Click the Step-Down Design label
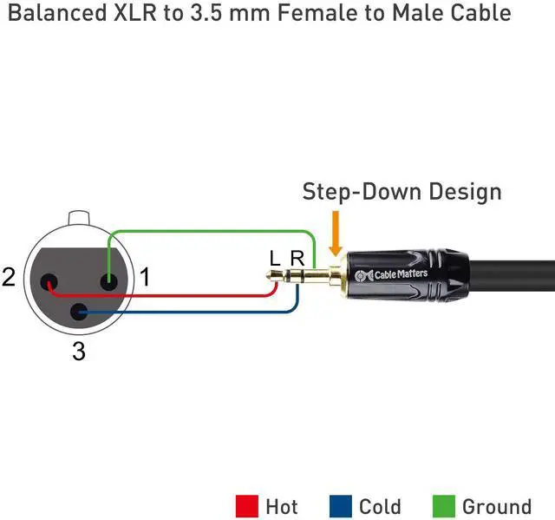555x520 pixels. (x=402, y=192)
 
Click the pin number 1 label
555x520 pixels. (x=145, y=278)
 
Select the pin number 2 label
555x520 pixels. (x=10, y=278)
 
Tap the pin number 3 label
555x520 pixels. (x=79, y=352)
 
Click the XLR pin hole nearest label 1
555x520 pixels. (x=108, y=281)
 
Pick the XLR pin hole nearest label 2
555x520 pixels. (x=49, y=282)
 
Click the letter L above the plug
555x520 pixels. (x=275, y=259)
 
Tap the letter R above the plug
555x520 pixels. (x=297, y=259)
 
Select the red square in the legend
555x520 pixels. (x=246, y=506)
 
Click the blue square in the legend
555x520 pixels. (x=340, y=506)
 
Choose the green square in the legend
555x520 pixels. (x=442, y=506)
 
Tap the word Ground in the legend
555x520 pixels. (x=496, y=507)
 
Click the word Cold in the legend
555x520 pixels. (x=380, y=507)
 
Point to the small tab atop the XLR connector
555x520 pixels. (x=79, y=216)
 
